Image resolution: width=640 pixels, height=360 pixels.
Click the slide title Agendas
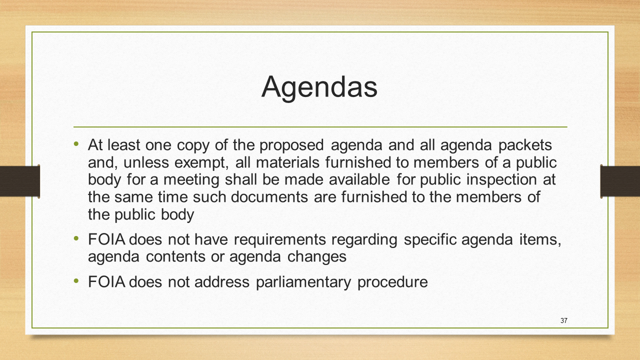click(x=319, y=87)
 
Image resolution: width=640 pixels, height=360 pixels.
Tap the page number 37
click(x=563, y=320)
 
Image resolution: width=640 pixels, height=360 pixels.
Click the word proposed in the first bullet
click(x=291, y=145)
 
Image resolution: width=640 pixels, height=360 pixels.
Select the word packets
click(x=525, y=145)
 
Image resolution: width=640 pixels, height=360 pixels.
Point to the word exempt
click(x=201, y=163)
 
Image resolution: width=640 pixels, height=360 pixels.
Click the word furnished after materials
click(x=359, y=162)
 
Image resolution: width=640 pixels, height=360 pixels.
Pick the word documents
click(x=269, y=197)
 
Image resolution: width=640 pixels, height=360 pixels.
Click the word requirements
click(x=279, y=239)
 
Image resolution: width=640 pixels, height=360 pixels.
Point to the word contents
click(x=175, y=256)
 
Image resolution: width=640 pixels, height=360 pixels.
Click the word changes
click(x=317, y=257)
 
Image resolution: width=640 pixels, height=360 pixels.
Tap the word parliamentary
click(x=303, y=282)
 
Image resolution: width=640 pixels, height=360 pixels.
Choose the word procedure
click(x=392, y=282)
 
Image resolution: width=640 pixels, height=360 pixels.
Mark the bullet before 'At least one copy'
click(x=76, y=143)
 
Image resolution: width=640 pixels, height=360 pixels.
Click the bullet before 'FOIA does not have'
click(x=76, y=238)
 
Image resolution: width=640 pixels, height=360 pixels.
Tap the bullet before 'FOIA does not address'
click(x=76, y=280)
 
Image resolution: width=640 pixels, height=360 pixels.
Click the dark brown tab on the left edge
click(x=19, y=181)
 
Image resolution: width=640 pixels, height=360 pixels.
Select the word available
click(x=359, y=179)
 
